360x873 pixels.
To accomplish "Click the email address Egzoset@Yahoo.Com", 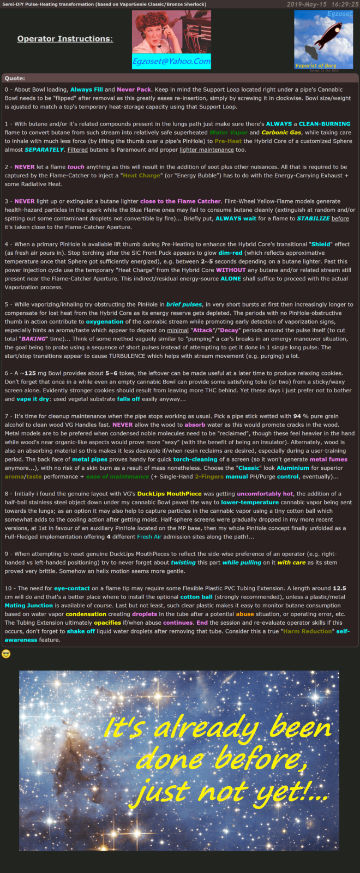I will click(x=171, y=62).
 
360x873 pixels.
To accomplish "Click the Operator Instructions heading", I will click(x=65, y=39).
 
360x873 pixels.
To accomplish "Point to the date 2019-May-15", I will click(x=307, y=4).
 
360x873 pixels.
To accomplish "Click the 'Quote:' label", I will click(x=15, y=79).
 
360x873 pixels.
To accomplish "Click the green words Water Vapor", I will click(x=227, y=133).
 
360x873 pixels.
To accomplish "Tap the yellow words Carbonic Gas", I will click(x=281, y=133).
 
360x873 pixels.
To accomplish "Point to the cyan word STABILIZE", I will click(x=313, y=218).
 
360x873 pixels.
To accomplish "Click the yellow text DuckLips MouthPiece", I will click(x=169, y=494).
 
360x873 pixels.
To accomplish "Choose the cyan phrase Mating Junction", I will click(x=29, y=605).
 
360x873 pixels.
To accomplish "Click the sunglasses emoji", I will click(x=6, y=654).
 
